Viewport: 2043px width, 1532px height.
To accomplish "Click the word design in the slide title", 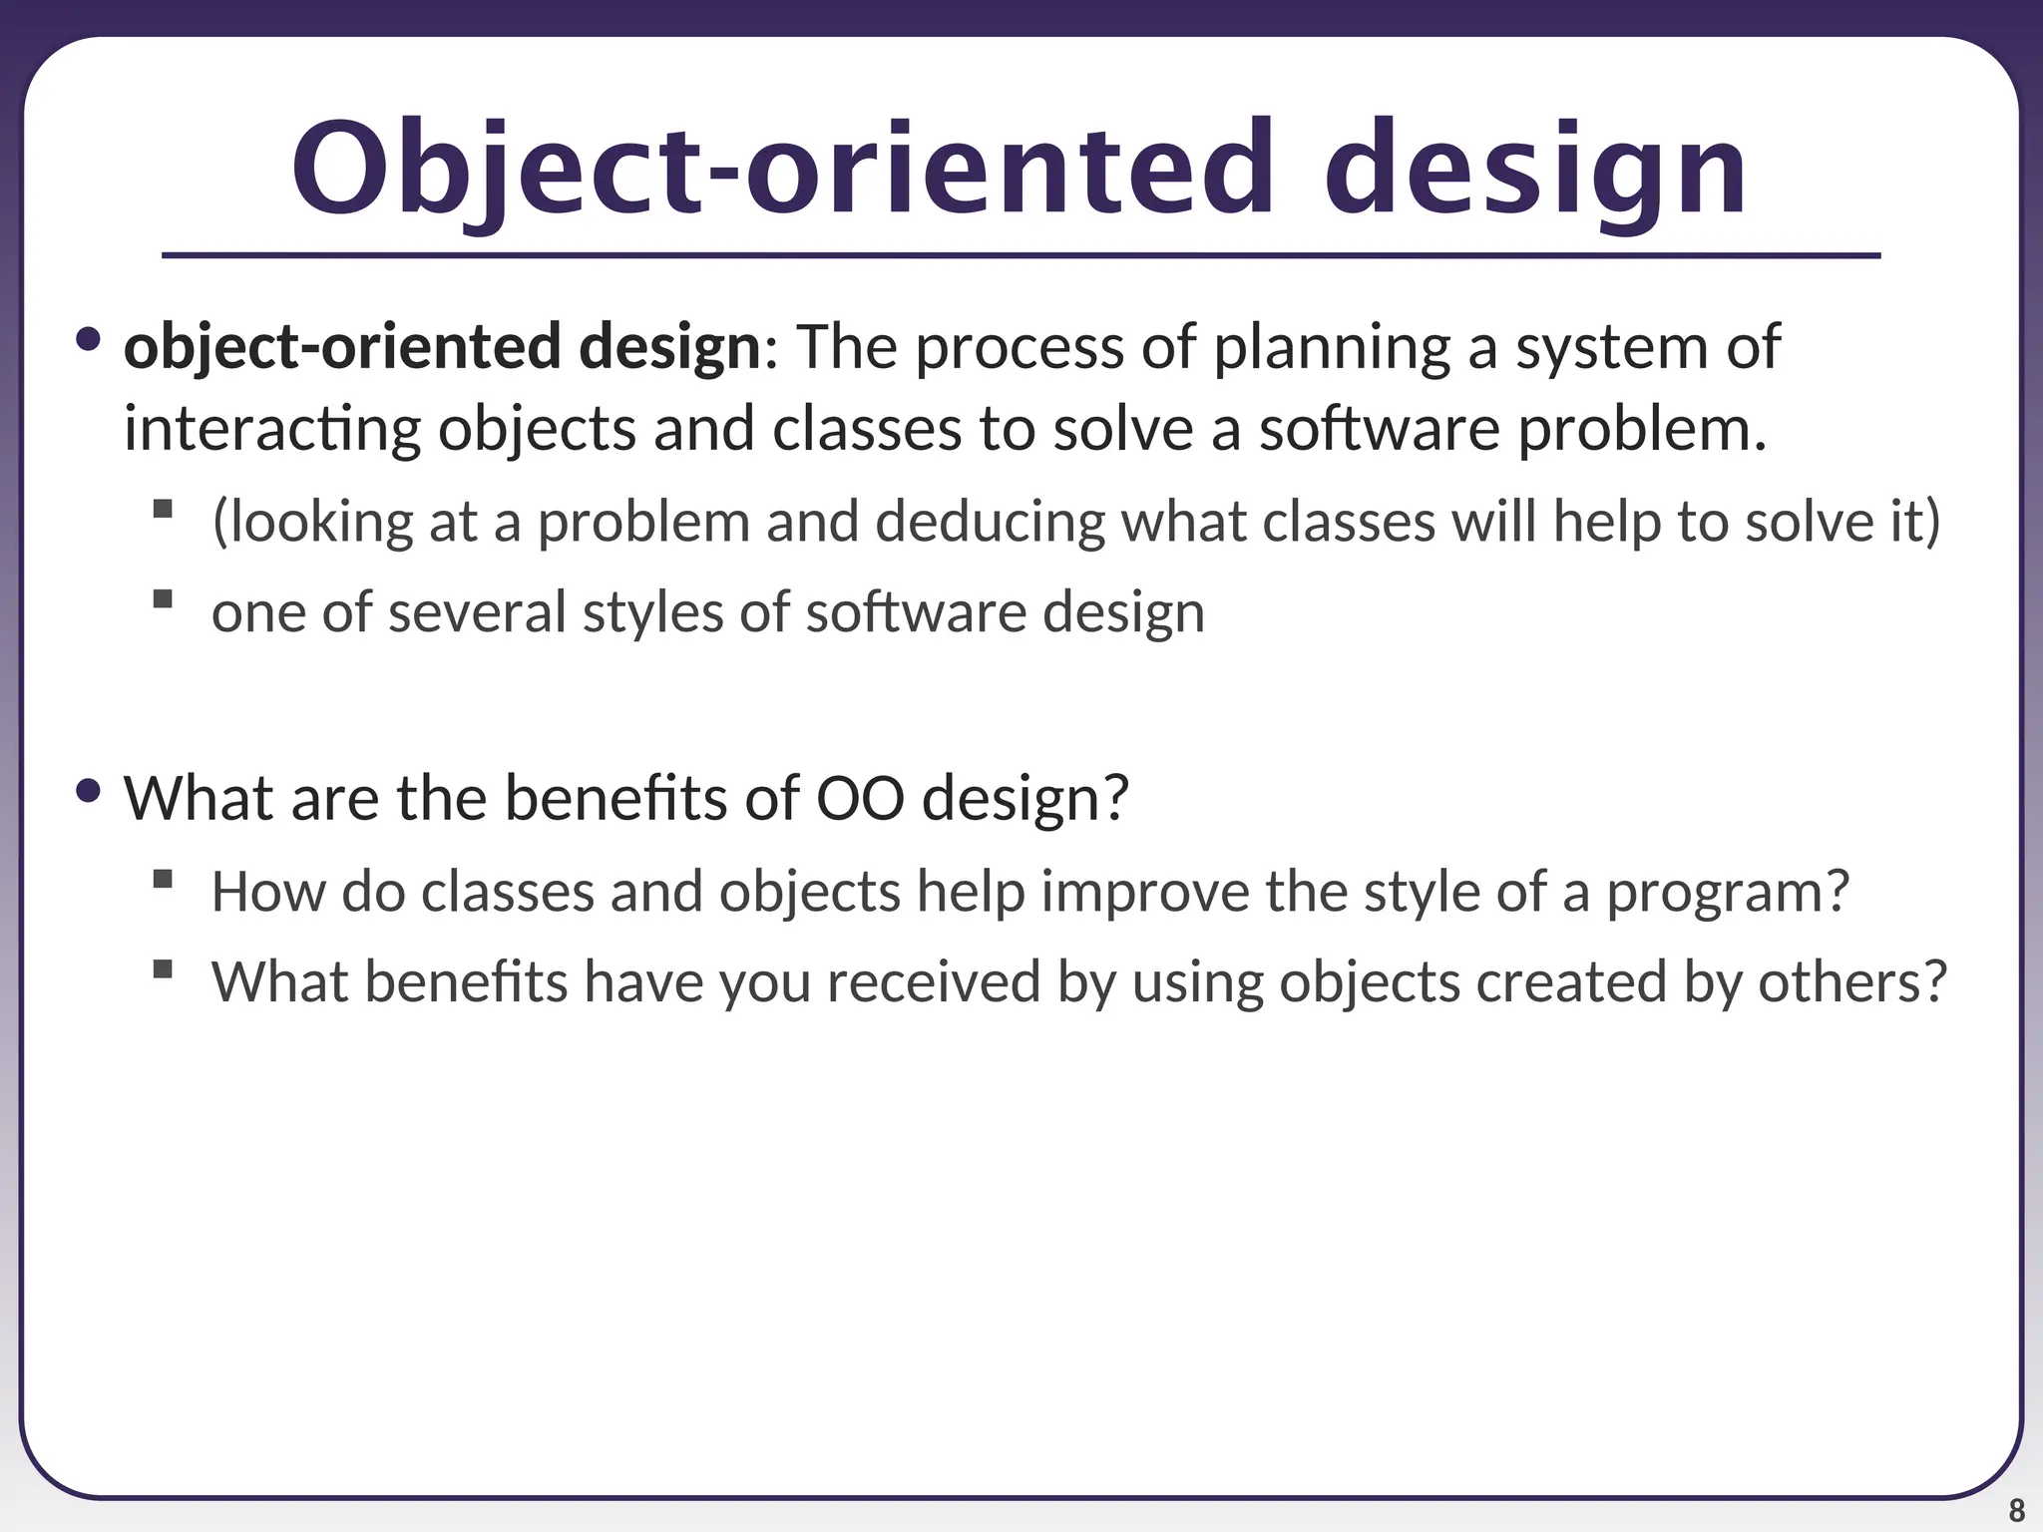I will [x=1536, y=170].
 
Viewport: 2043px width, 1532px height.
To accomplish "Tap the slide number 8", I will [x=2016, y=1510].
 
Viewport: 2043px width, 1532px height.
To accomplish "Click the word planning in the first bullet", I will [x=1331, y=347].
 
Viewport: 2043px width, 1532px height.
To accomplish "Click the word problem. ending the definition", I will [x=1642, y=429].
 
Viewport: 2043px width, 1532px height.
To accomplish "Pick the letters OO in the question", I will [x=861, y=798].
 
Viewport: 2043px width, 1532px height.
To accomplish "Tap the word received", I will [x=934, y=981].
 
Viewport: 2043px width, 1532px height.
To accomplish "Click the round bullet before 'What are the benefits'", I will [x=89, y=791].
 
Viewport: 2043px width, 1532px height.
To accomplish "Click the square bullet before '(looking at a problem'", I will [x=164, y=510].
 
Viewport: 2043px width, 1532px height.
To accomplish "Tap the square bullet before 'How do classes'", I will [x=164, y=879].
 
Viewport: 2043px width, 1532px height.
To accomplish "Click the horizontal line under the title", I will [x=1021, y=256].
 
